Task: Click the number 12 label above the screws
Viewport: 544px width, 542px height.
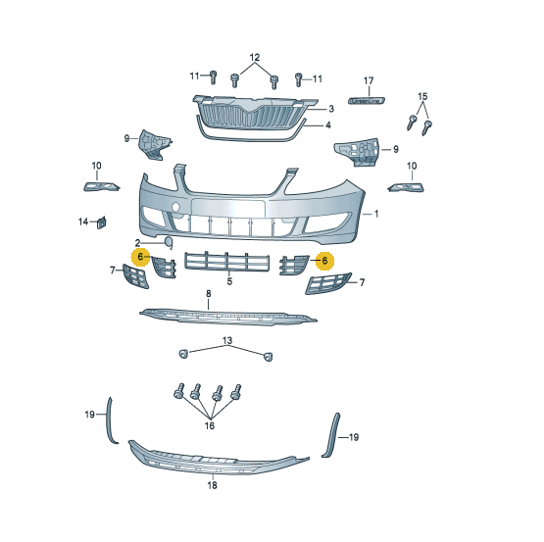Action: tap(255, 57)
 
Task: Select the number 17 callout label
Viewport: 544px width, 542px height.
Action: tap(369, 80)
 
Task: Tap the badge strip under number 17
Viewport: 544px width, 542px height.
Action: tap(367, 101)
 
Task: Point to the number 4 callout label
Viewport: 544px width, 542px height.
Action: tap(327, 124)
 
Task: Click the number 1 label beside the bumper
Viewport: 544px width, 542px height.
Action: tap(376, 214)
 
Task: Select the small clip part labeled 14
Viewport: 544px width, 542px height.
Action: tap(102, 222)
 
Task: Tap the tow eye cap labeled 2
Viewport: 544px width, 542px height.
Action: tap(168, 242)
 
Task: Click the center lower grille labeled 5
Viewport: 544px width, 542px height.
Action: tap(226, 262)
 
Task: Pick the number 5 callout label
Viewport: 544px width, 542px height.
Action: tap(229, 281)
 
